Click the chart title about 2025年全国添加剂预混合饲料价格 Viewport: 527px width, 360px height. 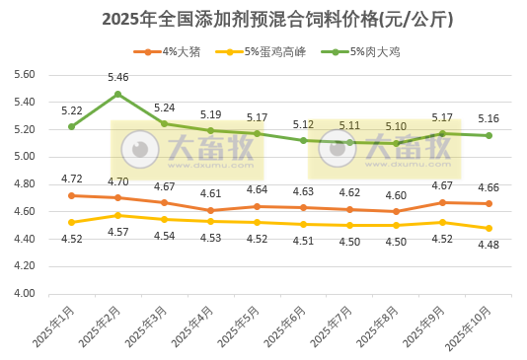click(263, 18)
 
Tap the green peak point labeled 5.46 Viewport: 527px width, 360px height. click(117, 95)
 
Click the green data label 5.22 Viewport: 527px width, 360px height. click(71, 110)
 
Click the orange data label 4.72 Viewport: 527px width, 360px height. click(71, 179)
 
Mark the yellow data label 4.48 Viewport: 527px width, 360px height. click(489, 246)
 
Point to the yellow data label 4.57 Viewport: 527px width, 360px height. click(117, 232)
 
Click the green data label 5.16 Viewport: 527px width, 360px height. click(489, 118)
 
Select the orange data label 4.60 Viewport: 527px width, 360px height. click(396, 195)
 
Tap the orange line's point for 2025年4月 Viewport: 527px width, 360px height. click(210, 210)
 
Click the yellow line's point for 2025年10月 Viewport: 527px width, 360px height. click(489, 228)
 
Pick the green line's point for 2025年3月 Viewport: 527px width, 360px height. click(164, 124)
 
